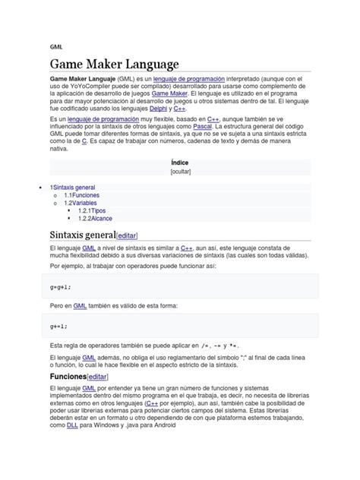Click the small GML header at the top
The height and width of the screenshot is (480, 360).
(57, 46)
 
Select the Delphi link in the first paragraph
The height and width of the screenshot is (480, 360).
(159, 109)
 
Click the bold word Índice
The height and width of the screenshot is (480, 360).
(180, 163)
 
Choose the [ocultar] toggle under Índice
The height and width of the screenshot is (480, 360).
(180, 172)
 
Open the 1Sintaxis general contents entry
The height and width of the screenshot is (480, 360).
(73, 186)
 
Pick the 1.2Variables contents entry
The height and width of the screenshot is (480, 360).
(81, 203)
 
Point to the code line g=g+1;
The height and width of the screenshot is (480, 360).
(59, 288)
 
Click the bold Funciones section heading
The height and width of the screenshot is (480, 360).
(68, 376)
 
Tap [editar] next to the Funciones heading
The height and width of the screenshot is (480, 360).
(97, 377)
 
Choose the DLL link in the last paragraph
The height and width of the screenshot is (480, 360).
(72, 426)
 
